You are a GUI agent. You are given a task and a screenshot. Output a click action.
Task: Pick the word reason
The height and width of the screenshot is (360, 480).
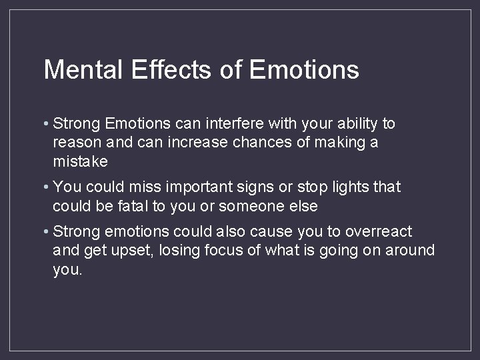tap(75, 143)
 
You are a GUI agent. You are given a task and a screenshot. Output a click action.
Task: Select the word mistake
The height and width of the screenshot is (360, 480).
tap(79, 162)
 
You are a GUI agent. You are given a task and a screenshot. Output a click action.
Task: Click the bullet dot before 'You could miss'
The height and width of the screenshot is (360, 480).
tap(46, 188)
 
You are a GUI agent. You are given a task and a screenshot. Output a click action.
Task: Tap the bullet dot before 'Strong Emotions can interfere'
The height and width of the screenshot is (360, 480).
tap(46, 124)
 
